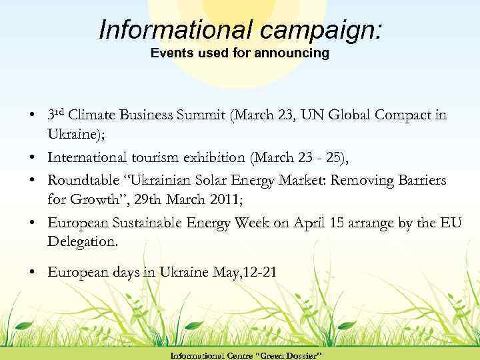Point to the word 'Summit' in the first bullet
[198, 115]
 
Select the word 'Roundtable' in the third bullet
[79, 181]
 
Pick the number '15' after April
[336, 223]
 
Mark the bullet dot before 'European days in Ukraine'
[33, 272]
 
